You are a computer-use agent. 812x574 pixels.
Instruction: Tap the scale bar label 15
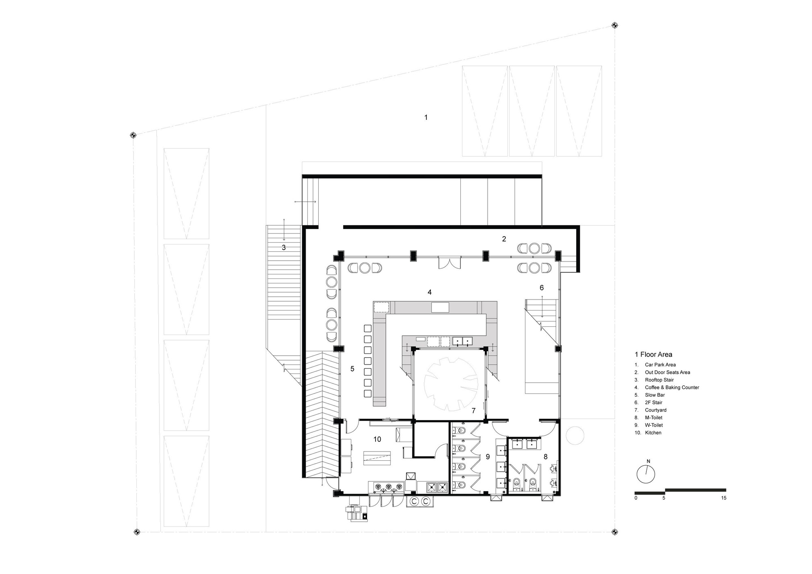723,498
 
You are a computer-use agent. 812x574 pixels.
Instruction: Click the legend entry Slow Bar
654,395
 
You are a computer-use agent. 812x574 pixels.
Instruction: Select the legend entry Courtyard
655,410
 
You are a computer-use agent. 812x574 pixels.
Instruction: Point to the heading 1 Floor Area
653,354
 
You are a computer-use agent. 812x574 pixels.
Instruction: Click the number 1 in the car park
425,117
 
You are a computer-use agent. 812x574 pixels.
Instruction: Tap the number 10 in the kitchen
377,439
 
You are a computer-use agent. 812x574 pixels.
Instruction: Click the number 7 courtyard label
473,411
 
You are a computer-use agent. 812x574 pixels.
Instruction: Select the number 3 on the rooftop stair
284,247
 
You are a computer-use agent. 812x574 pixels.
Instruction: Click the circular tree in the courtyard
450,383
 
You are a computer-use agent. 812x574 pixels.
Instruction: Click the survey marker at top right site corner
615,26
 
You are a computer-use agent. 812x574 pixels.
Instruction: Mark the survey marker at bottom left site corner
137,531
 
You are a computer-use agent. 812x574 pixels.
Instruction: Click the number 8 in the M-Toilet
545,457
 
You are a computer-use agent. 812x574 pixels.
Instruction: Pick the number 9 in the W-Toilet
488,457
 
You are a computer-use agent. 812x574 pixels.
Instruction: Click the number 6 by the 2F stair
541,288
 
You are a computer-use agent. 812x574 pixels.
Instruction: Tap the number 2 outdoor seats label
504,239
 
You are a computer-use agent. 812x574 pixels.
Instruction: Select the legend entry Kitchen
653,433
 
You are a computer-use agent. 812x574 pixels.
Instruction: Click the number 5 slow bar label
352,369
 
